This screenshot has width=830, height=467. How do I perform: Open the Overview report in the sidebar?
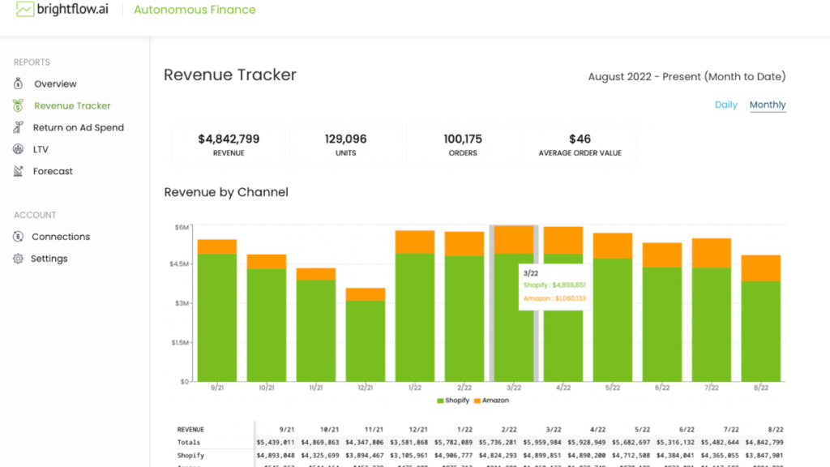point(55,84)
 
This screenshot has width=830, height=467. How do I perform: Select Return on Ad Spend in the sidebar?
point(78,128)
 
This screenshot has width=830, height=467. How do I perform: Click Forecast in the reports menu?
point(53,172)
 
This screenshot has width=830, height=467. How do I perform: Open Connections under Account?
point(61,237)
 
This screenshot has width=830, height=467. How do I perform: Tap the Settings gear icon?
point(19,259)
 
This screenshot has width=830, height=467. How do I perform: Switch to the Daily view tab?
point(725,105)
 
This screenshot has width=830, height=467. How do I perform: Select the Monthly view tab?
point(768,105)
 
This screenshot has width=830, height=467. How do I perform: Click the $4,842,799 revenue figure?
point(229,139)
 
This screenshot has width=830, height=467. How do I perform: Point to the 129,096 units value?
point(345,139)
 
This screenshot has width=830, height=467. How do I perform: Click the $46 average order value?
point(580,139)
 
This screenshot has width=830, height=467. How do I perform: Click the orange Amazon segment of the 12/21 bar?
point(366,294)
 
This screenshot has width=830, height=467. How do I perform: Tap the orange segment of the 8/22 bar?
point(761,268)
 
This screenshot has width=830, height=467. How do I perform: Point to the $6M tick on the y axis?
point(182,227)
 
